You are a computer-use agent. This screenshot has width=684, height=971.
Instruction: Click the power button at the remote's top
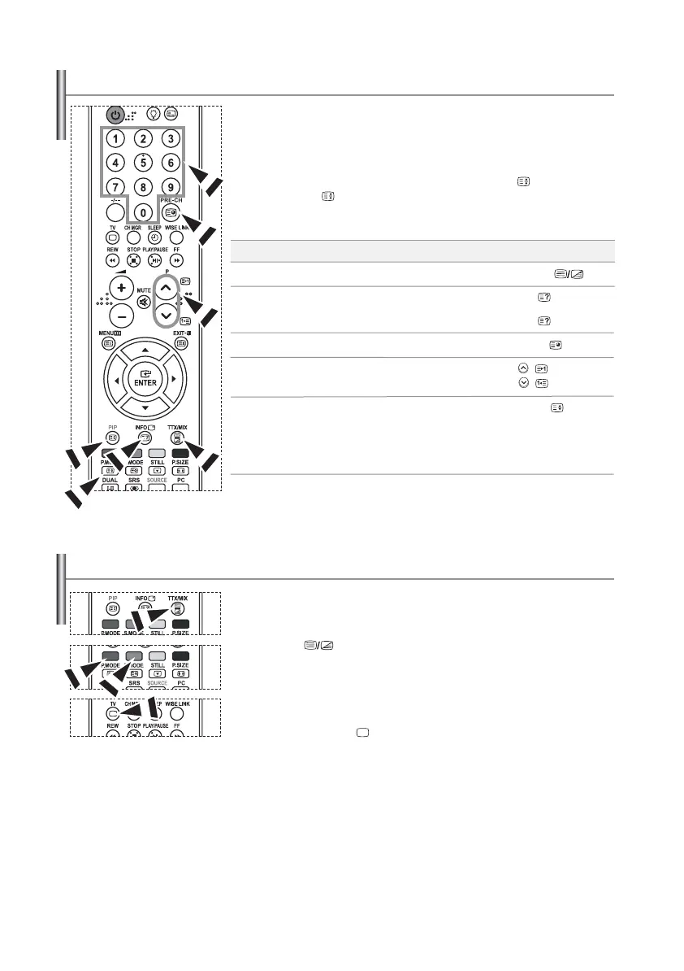tap(115, 115)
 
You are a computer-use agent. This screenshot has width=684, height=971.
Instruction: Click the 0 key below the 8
tap(143, 213)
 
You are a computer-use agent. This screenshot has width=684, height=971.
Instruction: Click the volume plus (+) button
tap(121, 289)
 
